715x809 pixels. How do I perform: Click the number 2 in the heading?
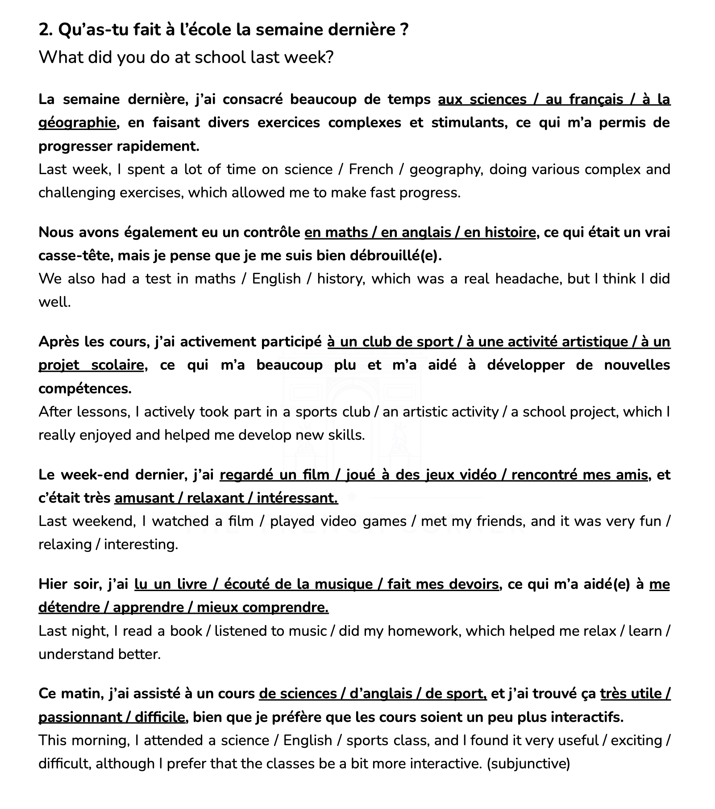click(x=44, y=30)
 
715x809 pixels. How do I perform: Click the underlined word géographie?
click(x=77, y=122)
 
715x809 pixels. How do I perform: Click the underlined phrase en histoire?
click(x=499, y=232)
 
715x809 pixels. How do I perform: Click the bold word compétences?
click(x=85, y=388)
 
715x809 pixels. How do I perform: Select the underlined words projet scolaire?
click(x=91, y=365)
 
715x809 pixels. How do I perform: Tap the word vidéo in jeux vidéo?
click(x=477, y=475)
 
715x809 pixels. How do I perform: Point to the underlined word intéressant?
click(x=297, y=498)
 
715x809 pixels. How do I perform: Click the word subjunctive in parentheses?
click(x=528, y=763)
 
